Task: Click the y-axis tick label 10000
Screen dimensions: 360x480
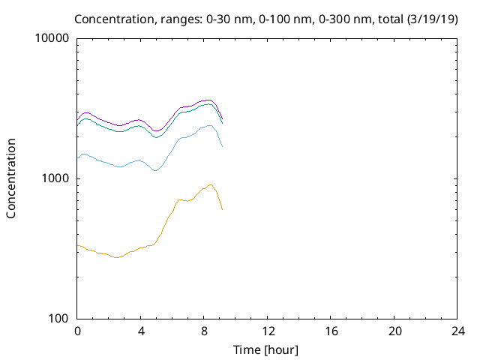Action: point(52,39)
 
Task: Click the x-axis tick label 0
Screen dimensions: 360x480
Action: point(77,331)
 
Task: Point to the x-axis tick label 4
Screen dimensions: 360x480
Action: point(140,331)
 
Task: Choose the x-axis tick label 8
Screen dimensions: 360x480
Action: point(204,331)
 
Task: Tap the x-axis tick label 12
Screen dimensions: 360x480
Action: point(267,331)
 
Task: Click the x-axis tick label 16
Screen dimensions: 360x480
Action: point(331,331)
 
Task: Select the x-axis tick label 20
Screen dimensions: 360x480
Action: point(394,331)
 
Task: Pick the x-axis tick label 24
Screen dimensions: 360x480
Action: point(457,331)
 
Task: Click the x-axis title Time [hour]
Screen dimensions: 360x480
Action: point(267,349)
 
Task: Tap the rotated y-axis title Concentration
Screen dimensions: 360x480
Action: point(11,178)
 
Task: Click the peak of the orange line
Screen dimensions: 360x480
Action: point(211,184)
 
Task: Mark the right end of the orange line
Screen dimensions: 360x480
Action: point(223,209)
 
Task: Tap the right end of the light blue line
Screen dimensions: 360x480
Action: point(223,146)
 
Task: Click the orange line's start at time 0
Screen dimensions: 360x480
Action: point(77,245)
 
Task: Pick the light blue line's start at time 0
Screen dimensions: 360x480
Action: point(77,157)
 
